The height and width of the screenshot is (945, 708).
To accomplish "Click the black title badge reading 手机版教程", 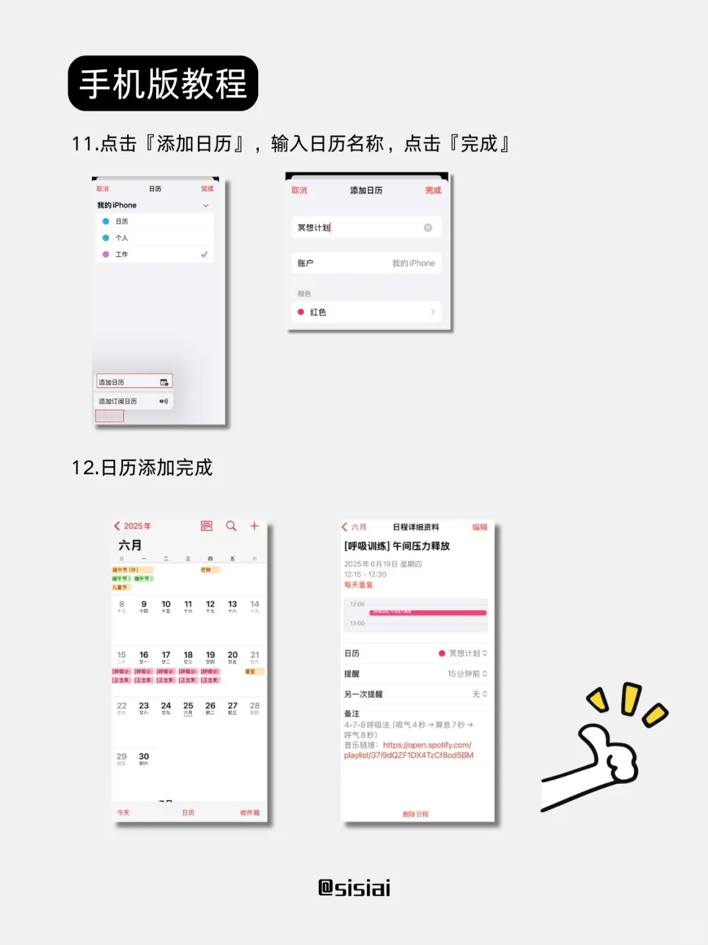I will click(x=163, y=83).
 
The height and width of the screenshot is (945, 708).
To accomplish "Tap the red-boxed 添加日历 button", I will click(x=134, y=382).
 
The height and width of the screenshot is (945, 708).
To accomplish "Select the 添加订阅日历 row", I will click(x=134, y=401).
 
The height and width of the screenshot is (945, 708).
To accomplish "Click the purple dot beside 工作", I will click(x=106, y=254).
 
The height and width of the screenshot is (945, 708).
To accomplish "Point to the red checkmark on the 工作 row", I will click(x=205, y=254).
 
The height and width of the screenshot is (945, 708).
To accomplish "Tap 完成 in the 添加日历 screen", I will click(x=433, y=191).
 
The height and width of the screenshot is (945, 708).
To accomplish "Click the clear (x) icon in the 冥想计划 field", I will click(x=428, y=227).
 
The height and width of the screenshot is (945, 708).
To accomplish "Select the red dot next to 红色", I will click(x=301, y=312).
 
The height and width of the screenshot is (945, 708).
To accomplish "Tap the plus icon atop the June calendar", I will click(x=254, y=526).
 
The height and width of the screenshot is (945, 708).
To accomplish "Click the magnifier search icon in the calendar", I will click(x=231, y=526).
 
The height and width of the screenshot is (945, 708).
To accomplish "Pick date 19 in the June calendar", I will click(x=210, y=656).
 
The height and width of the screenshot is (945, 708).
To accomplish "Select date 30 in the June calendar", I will click(x=144, y=757).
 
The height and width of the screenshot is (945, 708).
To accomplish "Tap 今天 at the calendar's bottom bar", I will click(x=123, y=813).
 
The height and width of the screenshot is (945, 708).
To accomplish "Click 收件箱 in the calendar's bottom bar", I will click(x=249, y=813).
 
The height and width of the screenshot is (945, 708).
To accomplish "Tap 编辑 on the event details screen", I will click(x=480, y=527).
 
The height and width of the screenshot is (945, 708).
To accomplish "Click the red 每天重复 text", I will click(x=359, y=585).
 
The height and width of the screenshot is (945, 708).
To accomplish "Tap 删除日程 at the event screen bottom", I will click(x=416, y=814).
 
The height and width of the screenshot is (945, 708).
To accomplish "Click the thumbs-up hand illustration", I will click(x=603, y=753).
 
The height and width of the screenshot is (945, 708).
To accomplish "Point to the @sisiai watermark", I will click(x=354, y=888).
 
